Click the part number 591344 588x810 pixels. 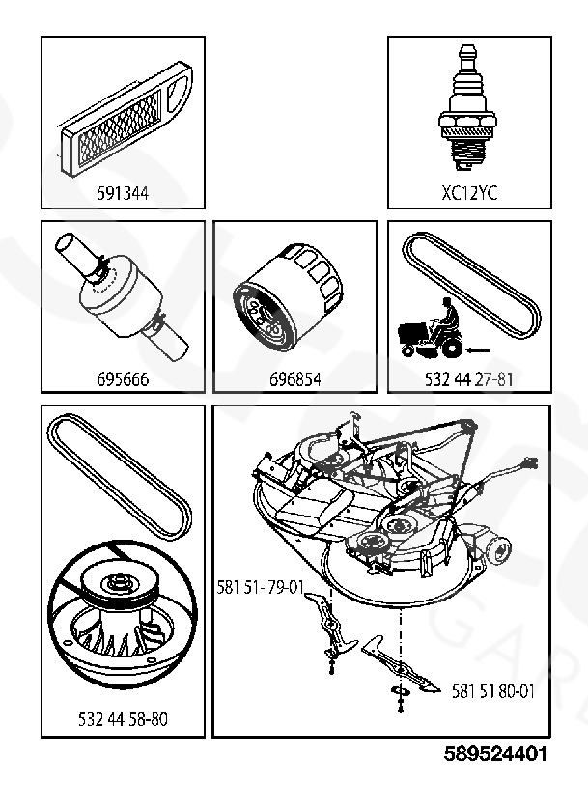(x=123, y=192)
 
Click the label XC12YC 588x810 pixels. (x=469, y=192)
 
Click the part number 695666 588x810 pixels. (x=123, y=378)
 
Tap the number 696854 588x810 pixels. (x=294, y=378)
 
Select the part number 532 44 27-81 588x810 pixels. (x=469, y=378)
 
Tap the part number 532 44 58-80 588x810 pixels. (x=123, y=719)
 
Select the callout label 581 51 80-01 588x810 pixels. (x=493, y=691)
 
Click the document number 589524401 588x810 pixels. (x=496, y=753)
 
